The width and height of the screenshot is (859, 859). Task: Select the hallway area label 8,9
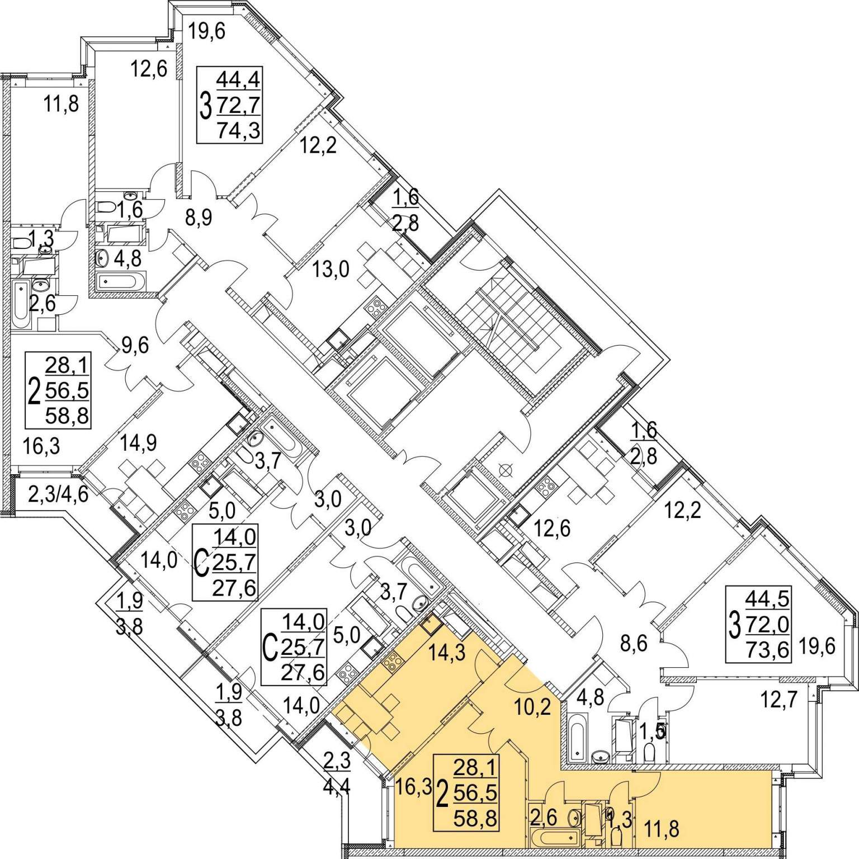click(x=199, y=218)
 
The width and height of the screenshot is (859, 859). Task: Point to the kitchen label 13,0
click(x=332, y=270)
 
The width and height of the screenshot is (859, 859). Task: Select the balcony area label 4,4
click(x=337, y=786)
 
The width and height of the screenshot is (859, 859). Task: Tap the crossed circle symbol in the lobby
click(x=506, y=470)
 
